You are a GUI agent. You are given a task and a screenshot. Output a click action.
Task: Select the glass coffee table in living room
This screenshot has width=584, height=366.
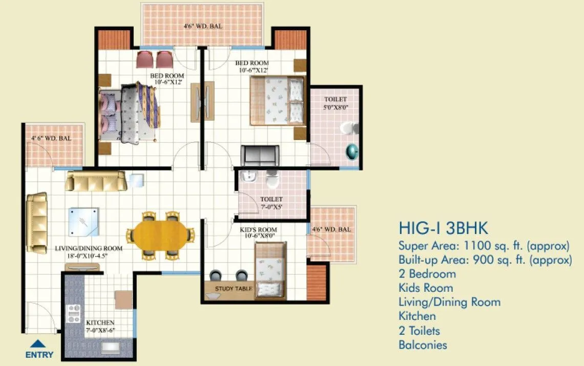point(84,221)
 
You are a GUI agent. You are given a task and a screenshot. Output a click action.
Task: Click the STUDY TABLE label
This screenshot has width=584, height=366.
point(234,289)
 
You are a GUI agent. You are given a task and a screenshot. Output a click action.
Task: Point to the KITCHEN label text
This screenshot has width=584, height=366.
point(100,323)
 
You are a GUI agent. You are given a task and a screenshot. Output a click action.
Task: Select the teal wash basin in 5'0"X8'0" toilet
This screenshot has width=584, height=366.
point(352,151)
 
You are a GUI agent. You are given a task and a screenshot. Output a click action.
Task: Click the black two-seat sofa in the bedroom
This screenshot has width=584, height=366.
point(260,155)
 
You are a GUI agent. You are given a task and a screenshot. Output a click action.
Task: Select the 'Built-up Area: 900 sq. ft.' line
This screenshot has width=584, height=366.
point(485,260)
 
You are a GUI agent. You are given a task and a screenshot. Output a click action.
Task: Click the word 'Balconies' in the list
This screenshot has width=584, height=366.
point(423,345)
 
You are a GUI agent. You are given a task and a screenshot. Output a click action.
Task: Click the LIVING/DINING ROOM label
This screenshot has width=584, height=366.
point(89,249)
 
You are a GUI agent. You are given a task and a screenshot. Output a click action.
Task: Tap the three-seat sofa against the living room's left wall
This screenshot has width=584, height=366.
point(37,223)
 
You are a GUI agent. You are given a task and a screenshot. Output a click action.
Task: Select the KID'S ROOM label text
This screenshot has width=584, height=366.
point(258,230)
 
